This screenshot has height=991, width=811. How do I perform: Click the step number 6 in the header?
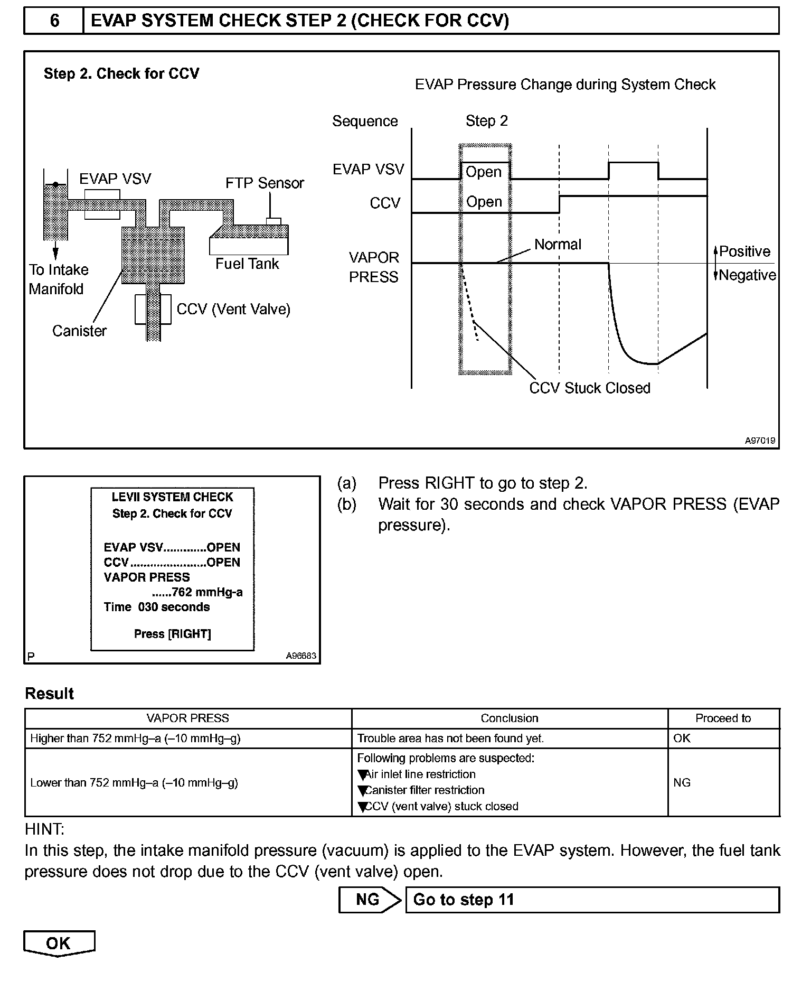pos(54,21)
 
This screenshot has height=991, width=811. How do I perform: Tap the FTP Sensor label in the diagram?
pos(265,183)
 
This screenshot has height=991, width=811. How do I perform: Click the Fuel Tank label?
pos(247,264)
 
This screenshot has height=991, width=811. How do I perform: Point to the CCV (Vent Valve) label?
pos(233,309)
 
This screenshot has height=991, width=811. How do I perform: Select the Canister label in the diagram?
pos(79,331)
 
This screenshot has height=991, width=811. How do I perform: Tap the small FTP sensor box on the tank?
pos(274,221)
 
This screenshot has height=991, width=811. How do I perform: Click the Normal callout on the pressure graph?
pos(558,245)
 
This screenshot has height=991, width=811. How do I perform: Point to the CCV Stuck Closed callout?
pos(590,388)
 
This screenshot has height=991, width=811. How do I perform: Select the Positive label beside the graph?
pos(744,251)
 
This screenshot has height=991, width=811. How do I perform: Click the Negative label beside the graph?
pos(747,275)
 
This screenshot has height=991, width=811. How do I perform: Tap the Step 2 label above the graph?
pos(486,121)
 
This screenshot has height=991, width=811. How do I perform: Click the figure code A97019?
pos(760,441)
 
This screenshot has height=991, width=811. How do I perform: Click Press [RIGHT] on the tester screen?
pos(172,634)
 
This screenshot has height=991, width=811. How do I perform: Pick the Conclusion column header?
pos(510,718)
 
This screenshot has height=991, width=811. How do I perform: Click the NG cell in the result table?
pos(682,782)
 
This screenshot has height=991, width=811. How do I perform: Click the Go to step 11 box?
pos(592,900)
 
